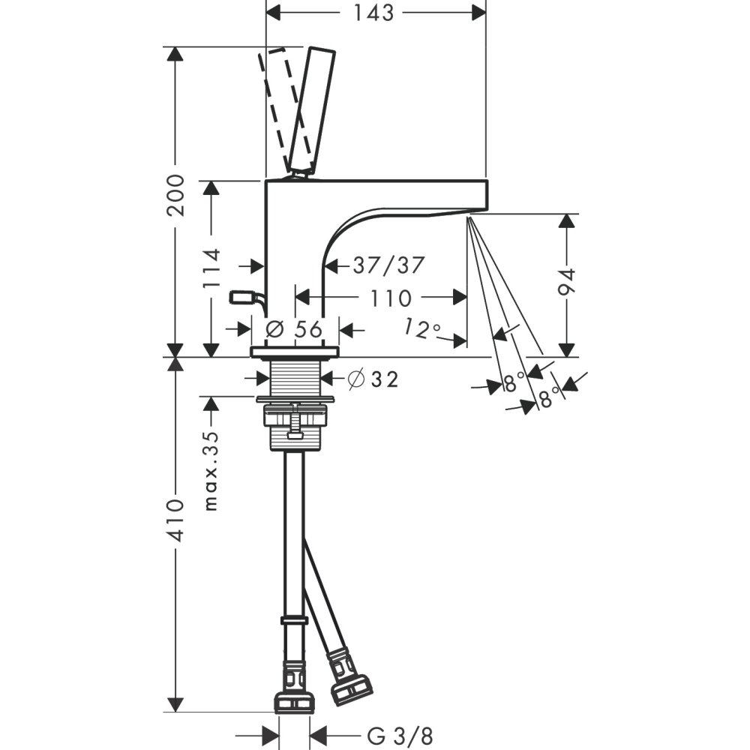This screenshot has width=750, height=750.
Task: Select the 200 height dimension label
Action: pos(175,195)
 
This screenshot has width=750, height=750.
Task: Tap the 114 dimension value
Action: pos(211,268)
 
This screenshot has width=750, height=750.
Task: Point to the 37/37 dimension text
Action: pos(388,265)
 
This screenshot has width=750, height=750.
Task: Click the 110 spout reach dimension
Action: pos(391,298)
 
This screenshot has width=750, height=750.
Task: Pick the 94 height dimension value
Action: pos(566,283)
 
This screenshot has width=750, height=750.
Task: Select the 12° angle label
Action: pos(421,329)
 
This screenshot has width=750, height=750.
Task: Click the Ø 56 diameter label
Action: pos(294,328)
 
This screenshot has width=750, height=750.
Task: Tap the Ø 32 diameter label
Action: pos(373,379)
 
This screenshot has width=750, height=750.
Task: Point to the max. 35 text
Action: pos(211,471)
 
